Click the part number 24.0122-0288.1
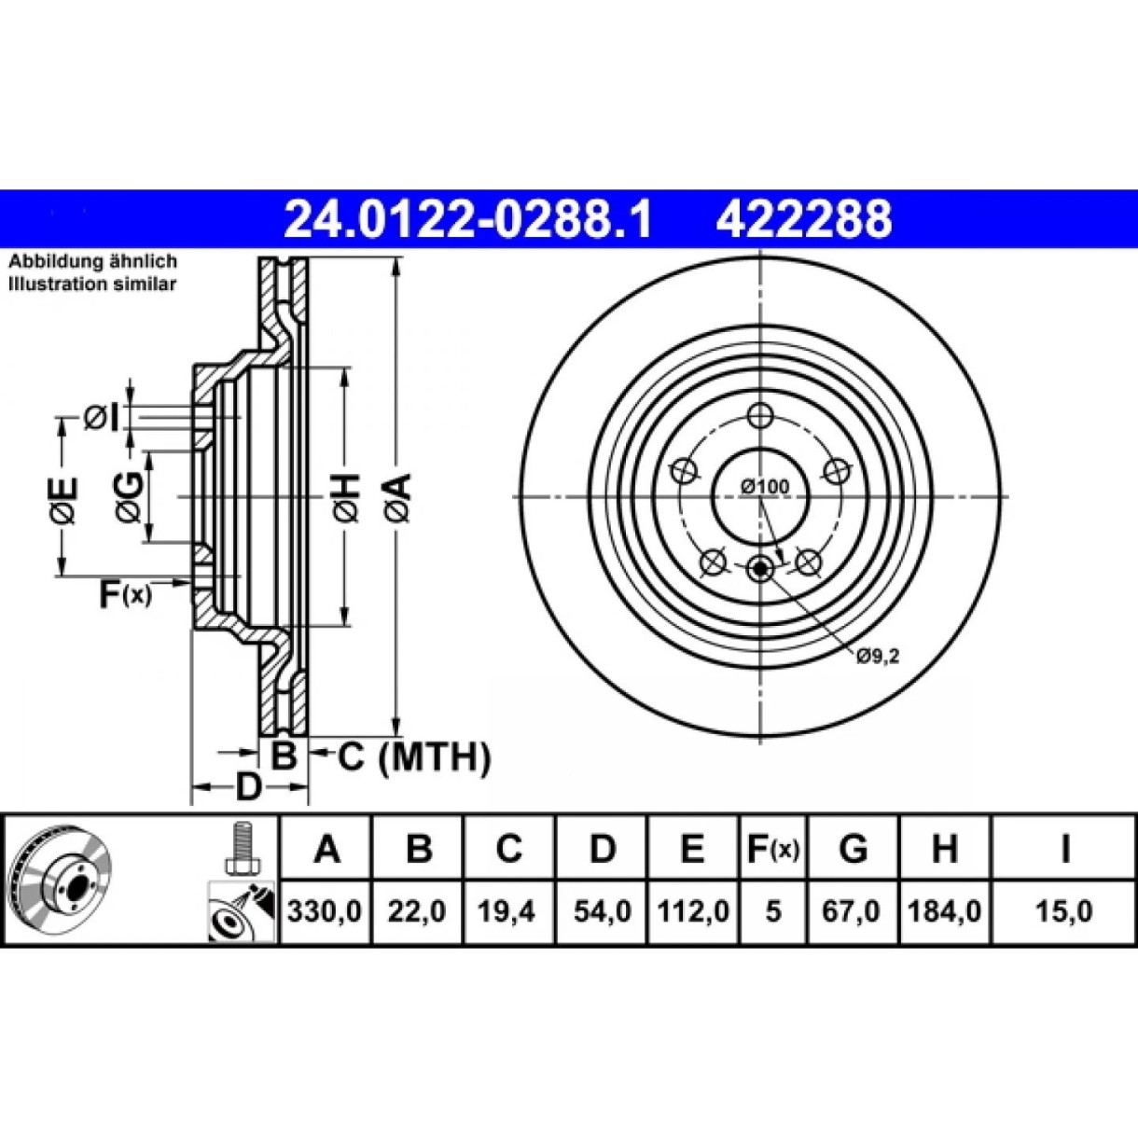pyautogui.click(x=467, y=218)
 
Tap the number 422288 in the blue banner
pyautogui.click(x=804, y=218)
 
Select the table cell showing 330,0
pyautogui.click(x=325, y=911)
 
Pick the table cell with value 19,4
pyautogui.click(x=507, y=911)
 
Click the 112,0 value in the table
pyautogui.click(x=693, y=911)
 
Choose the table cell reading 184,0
pyautogui.click(x=944, y=911)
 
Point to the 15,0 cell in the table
pyautogui.click(x=1064, y=911)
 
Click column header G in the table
pyautogui.click(x=853, y=848)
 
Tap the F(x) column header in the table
pyautogui.click(x=772, y=848)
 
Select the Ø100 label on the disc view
pyautogui.click(x=766, y=486)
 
